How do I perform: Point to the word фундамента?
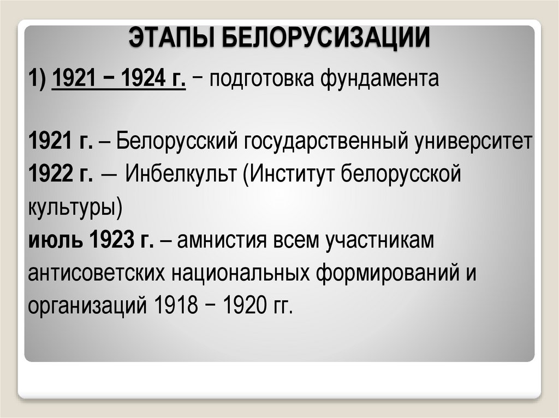tap(379, 80)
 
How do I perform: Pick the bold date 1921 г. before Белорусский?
tap(60, 143)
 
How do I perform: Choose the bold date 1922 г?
tap(60, 175)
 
